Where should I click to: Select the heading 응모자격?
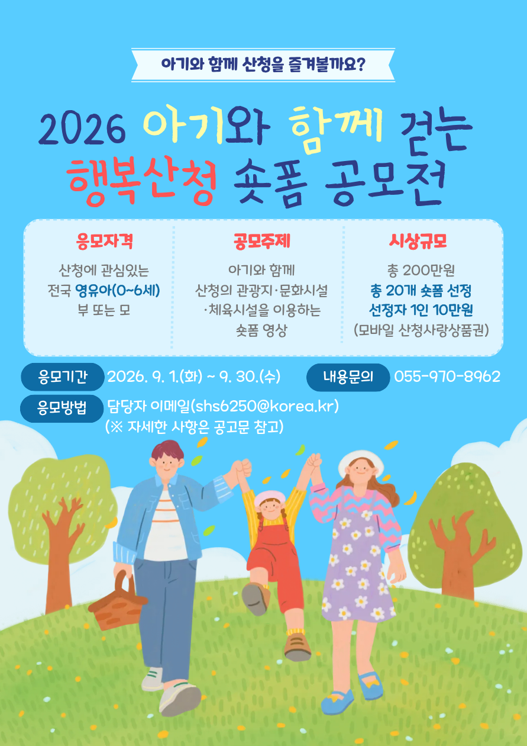pyautogui.click(x=105, y=241)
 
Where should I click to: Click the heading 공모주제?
pyautogui.click(x=261, y=241)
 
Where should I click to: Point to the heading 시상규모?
pyautogui.click(x=418, y=241)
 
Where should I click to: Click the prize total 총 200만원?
pyautogui.click(x=421, y=271)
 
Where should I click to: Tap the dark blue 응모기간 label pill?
pyautogui.click(x=62, y=377)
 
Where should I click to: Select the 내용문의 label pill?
pyautogui.click(x=348, y=377)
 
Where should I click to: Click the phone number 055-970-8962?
pyautogui.click(x=447, y=377)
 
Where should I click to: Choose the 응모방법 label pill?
pyautogui.click(x=62, y=407)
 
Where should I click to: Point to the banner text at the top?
pyautogui.click(x=263, y=64)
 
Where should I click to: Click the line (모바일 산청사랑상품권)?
pyautogui.click(x=421, y=330)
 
